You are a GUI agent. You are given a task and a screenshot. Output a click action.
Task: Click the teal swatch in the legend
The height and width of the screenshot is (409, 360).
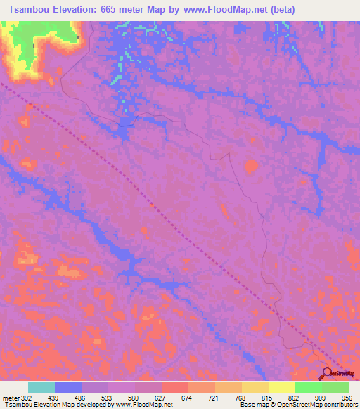pos(41,387)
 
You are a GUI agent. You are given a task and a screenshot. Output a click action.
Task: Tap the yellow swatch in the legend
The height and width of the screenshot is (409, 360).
pos(281,387)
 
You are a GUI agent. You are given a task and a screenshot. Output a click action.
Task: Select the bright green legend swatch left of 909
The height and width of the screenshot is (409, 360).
pos(308,387)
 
